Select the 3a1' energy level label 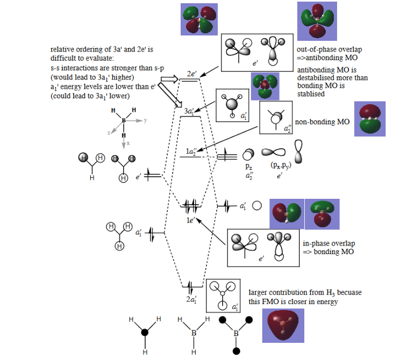point(190,110)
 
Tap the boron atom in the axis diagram point(124,121)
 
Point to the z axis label point(109,132)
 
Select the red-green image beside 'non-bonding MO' point(369,122)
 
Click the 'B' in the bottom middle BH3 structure point(194,333)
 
